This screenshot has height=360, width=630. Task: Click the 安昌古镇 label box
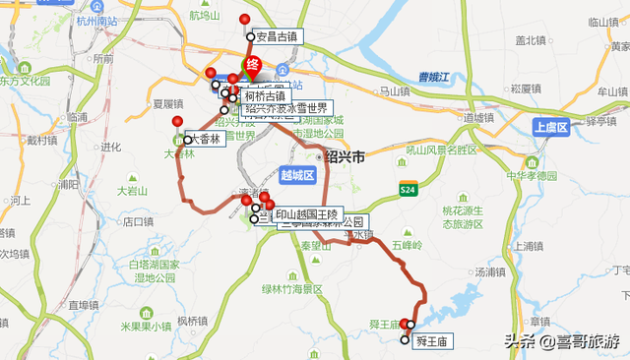276,36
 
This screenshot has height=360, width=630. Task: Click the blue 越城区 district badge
296,176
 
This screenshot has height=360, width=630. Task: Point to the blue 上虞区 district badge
551,128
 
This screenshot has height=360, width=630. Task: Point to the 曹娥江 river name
433,77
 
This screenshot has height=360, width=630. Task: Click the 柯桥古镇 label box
264,96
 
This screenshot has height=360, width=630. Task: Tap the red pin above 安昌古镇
245,20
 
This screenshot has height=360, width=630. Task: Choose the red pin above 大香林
177,122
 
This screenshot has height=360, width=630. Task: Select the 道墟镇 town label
478,117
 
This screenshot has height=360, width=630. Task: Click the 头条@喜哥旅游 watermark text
562,341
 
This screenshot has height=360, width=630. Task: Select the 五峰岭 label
405,243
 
